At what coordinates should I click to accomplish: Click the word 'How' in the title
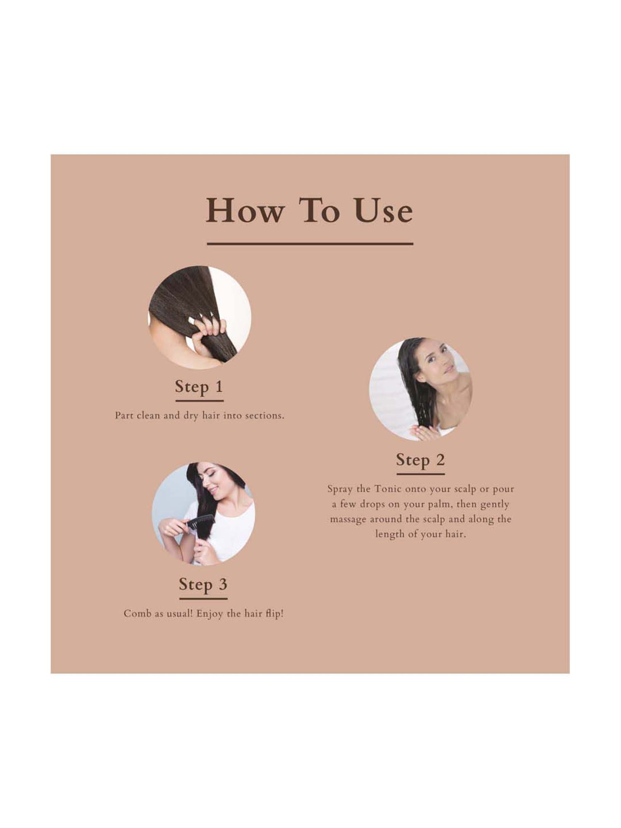245,211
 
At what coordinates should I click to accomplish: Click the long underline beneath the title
310,244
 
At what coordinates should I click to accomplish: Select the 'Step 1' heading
199,387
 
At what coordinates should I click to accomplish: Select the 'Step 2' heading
420,460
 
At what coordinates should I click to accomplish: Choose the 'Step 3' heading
203,584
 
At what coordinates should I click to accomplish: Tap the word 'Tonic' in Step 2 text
388,489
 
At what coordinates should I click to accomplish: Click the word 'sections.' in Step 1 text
265,416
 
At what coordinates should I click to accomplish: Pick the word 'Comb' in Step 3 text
137,614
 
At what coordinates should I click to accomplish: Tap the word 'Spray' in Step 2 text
340,489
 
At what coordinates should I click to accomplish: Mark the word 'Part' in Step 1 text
124,416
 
